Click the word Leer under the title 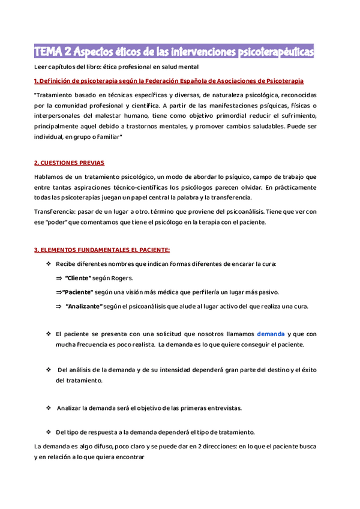pos(41,67)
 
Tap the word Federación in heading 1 pos(169,81)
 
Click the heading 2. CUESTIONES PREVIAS pos(69,163)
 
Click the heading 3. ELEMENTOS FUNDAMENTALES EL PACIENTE pos(102,250)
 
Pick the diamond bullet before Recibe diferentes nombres pos(49,264)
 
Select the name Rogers pos(122,279)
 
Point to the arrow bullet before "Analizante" pos(59,306)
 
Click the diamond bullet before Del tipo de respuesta pos(49,432)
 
